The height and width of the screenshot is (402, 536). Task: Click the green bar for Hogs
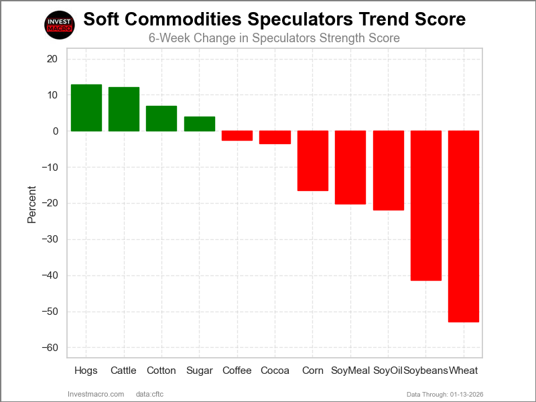86,108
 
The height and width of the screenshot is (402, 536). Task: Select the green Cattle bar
124,109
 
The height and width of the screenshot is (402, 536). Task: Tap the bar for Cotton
161,119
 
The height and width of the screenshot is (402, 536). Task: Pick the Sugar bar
200,124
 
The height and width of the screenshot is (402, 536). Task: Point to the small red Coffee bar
237,135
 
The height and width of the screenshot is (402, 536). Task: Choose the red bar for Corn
313,161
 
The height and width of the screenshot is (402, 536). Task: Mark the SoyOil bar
388,171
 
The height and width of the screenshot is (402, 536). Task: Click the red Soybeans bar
426,206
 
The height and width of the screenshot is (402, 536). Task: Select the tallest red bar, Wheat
464,226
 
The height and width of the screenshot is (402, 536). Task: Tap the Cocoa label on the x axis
275,371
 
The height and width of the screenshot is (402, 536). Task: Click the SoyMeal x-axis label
350,371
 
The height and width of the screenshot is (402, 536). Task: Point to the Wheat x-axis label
464,371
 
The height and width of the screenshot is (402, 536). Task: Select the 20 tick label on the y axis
53,59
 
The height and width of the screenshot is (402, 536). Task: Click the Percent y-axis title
31,204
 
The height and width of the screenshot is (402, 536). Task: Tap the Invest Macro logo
58,25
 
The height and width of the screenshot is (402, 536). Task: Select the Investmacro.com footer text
96,394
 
